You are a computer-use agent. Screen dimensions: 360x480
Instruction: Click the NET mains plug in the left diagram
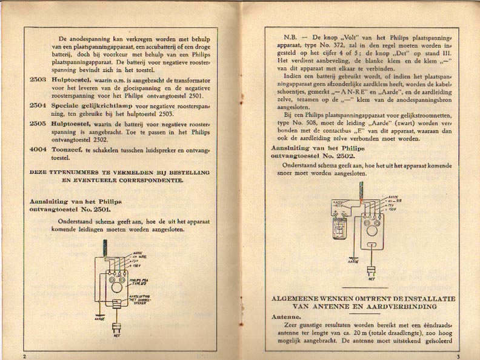[116, 332]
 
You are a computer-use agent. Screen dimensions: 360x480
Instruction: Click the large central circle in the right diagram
[370, 229]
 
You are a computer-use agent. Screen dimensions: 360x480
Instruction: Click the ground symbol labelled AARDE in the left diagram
[99, 315]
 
